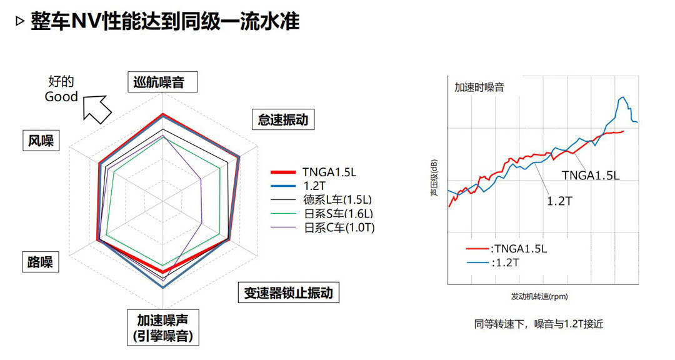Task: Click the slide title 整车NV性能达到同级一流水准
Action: pos(166,22)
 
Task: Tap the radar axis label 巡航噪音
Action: pos(158,82)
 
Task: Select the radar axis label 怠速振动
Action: pos(283,119)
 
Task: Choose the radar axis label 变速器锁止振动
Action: pos(288,292)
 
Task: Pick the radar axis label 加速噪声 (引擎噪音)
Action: pos(162,328)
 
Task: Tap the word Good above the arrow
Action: pos(61,97)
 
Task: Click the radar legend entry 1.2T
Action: pos(314,186)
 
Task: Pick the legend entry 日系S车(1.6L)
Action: pos(337,214)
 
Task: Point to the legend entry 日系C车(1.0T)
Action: pos(337,227)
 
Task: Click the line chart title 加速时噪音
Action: pos(479,87)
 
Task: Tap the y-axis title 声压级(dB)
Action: pos(434,179)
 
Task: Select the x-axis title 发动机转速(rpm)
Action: pos(539,296)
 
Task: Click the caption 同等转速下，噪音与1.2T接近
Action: pos(539,324)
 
